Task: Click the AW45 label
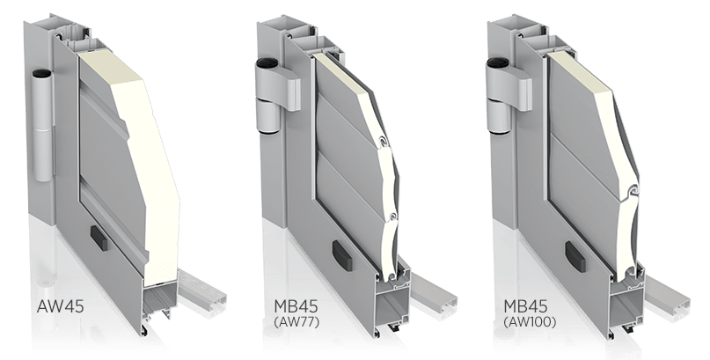(x=60, y=305)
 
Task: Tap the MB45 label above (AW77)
(x=296, y=305)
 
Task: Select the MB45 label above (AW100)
(x=525, y=305)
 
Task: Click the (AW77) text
(x=296, y=322)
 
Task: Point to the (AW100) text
(x=530, y=322)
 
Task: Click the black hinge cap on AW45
(x=41, y=73)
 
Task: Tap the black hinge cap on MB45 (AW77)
(x=265, y=62)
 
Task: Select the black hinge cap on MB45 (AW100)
(x=495, y=62)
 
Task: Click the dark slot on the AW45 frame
(x=99, y=238)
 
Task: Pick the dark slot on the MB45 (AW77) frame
(x=341, y=255)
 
